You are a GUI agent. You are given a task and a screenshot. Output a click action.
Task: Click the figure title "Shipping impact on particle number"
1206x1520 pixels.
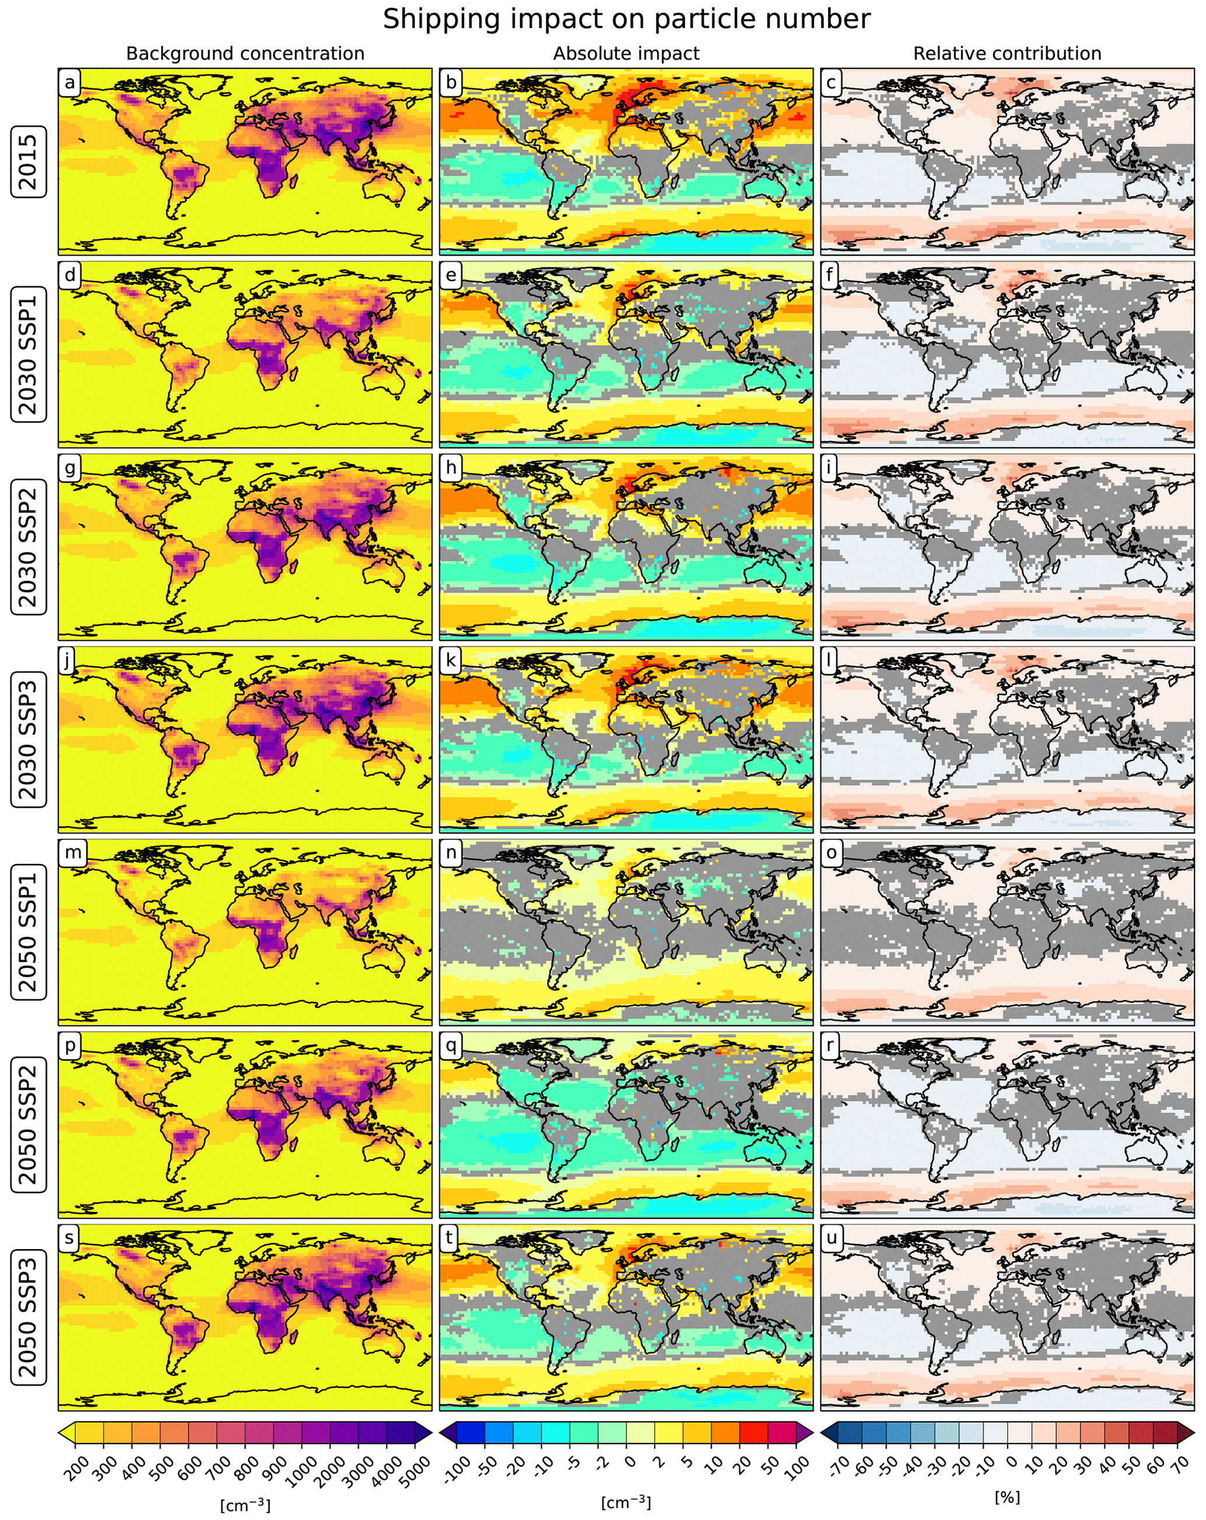pyautogui.click(x=626, y=19)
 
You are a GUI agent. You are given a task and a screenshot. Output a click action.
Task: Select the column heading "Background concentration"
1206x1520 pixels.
pyautogui.click(x=244, y=54)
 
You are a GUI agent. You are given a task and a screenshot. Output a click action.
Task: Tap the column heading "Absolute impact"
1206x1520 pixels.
pyautogui.click(x=626, y=54)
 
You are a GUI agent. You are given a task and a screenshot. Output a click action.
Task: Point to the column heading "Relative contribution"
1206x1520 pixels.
pyautogui.click(x=1007, y=54)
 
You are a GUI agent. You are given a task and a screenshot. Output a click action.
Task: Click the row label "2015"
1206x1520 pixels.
pyautogui.click(x=28, y=162)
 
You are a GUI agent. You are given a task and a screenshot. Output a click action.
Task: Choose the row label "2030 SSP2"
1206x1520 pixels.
pyautogui.click(x=28, y=547)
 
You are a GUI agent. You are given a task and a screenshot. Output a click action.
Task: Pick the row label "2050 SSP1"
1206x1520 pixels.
pyautogui.click(x=28, y=932)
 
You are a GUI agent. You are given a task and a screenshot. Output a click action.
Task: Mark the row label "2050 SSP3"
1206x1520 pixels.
pyautogui.click(x=28, y=1317)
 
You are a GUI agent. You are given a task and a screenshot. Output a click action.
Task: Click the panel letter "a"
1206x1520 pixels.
pyautogui.click(x=69, y=82)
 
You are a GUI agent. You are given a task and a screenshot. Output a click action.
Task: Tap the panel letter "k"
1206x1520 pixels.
pyautogui.click(x=450, y=661)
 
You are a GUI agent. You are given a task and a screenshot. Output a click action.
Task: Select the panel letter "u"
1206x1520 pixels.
pyautogui.click(x=832, y=1238)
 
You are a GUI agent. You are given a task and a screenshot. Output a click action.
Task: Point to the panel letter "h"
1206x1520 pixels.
pyautogui.click(x=450, y=468)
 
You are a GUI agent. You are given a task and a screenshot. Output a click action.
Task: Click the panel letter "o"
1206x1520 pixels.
pyautogui.click(x=832, y=853)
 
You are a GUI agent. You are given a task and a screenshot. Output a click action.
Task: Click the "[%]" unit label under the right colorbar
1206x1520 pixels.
pyautogui.click(x=1007, y=1496)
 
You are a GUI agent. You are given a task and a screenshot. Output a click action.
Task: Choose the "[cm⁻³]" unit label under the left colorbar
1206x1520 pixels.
pyautogui.click(x=244, y=1504)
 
